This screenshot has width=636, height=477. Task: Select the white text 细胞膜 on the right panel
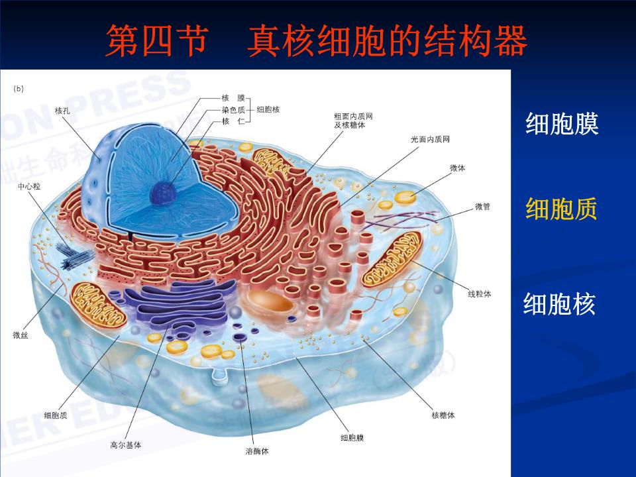point(562,124)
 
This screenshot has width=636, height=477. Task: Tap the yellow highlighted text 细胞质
point(561,209)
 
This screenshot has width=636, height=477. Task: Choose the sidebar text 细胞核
point(560,304)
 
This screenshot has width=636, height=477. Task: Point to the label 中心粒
point(29,187)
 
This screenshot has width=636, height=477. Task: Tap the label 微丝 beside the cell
point(20,336)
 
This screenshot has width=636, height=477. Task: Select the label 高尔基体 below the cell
point(125,445)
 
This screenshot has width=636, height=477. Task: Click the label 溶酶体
point(257,452)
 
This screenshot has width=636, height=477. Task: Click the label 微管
point(482,207)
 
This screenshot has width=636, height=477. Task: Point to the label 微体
point(457,168)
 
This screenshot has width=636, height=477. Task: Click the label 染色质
point(233,110)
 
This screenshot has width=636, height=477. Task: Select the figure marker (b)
point(19,88)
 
